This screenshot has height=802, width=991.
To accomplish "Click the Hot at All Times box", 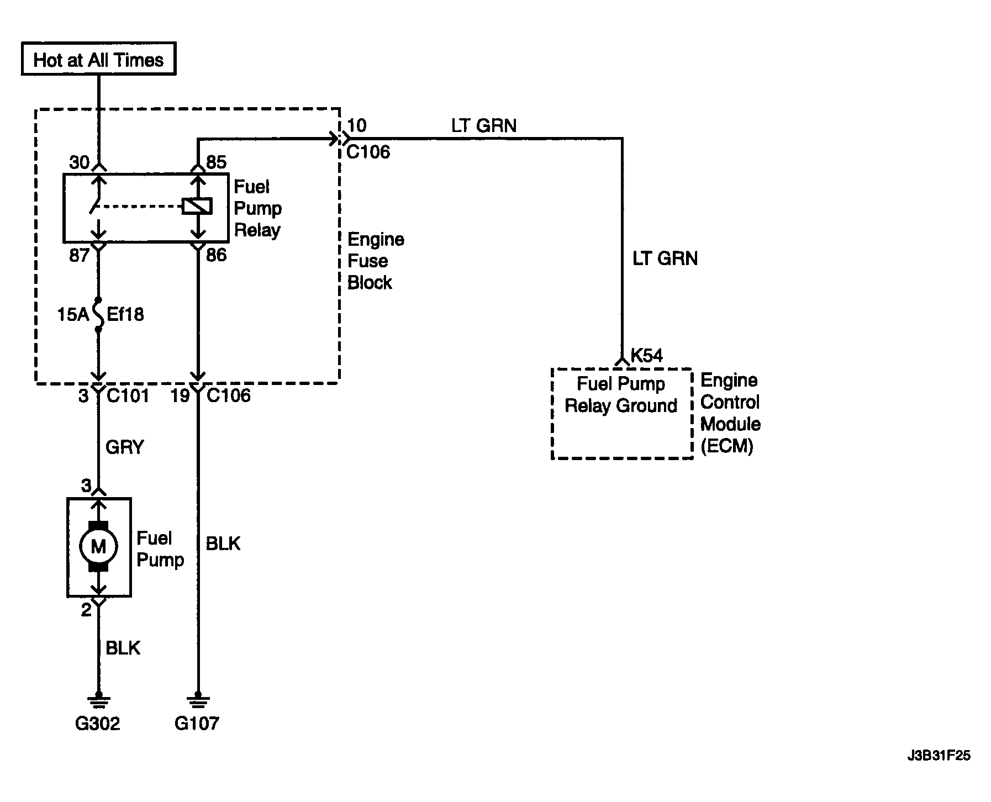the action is (98, 59).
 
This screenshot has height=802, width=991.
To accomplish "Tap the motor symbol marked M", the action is (98, 546).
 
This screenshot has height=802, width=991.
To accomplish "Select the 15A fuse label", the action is (73, 315).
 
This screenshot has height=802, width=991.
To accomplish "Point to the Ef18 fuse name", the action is (125, 315).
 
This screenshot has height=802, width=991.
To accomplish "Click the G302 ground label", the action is (97, 723).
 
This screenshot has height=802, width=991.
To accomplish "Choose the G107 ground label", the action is (197, 723).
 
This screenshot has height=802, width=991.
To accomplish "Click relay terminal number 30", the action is (80, 162).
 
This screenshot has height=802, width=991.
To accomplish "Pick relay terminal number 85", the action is (216, 162).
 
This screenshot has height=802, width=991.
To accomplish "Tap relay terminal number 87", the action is (80, 255).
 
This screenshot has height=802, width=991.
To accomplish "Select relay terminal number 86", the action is (216, 255).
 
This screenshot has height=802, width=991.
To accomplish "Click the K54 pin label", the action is (646, 355).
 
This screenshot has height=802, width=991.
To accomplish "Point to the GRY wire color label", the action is (125, 447).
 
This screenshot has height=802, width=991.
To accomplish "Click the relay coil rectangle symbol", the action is (197, 207).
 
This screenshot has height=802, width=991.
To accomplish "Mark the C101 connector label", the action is (128, 395).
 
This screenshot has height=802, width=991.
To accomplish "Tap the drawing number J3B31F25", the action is (939, 756).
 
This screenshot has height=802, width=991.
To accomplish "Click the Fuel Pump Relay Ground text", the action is (621, 395).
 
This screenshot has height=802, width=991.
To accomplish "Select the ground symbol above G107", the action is (197, 701).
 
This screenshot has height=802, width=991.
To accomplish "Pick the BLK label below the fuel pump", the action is (123, 648).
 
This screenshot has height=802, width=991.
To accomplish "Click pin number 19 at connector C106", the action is (180, 395).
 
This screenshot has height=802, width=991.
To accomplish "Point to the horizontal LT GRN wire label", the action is (484, 126).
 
